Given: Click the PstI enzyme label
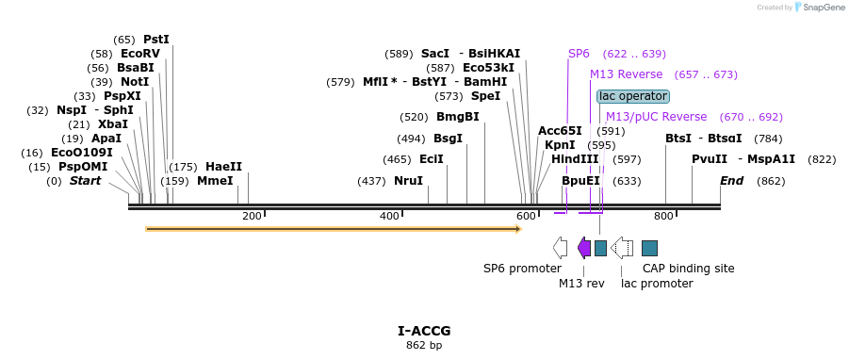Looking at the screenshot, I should click(x=156, y=40).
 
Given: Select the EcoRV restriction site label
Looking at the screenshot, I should click(x=140, y=54).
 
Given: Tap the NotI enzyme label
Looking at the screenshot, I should click(x=135, y=82).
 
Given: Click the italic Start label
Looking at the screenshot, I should click(x=85, y=181).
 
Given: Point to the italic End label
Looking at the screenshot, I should click(x=732, y=181).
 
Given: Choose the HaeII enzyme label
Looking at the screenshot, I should click(x=223, y=167).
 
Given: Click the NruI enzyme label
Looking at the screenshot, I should click(x=408, y=181).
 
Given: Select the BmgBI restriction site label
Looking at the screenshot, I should click(x=457, y=117).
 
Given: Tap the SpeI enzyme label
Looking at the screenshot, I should click(x=485, y=96).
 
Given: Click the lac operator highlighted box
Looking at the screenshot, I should click(x=633, y=96).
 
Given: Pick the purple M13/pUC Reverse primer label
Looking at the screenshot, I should click(x=656, y=117).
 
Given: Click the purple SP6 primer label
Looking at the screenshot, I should click(x=579, y=54).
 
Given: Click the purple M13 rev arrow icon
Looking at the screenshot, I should click(x=584, y=248).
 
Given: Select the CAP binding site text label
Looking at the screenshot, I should click(x=688, y=269).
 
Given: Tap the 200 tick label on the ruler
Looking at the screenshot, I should click(x=252, y=217).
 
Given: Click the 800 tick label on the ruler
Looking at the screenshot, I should click(x=663, y=217).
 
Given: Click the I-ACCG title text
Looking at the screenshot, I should click(x=424, y=331).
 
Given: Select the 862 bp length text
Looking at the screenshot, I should click(x=424, y=346).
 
